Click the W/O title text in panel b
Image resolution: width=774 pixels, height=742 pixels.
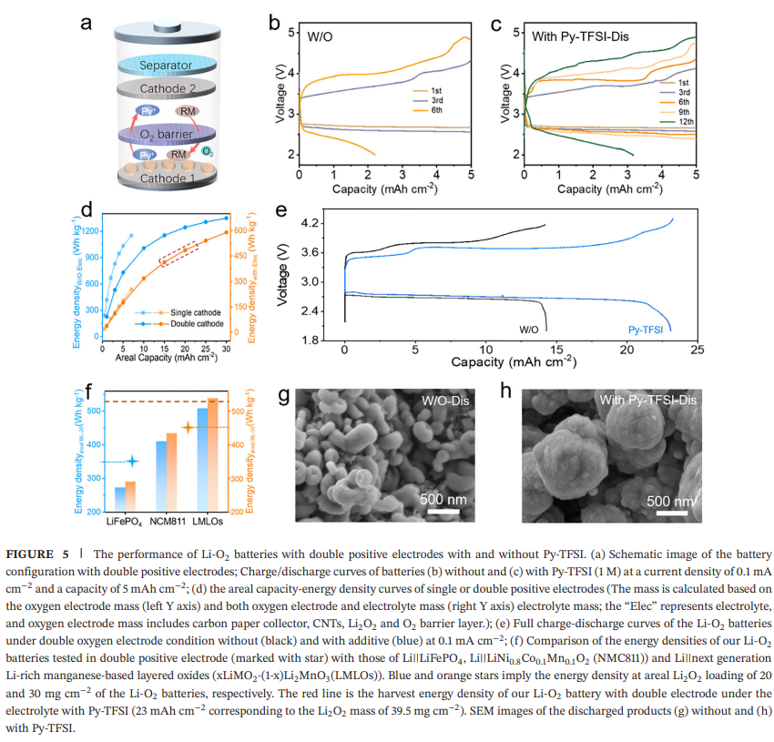[x=320, y=37]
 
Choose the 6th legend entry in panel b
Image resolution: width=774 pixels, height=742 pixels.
[x=437, y=110]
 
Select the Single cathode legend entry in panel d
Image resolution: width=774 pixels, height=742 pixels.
[x=190, y=312]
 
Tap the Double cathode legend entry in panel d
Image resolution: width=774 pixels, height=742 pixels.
[x=190, y=323]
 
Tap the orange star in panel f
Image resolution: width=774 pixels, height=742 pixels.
[x=188, y=427]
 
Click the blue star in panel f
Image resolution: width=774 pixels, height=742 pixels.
[x=133, y=462]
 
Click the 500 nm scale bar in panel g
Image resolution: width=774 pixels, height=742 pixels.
[x=444, y=509]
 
